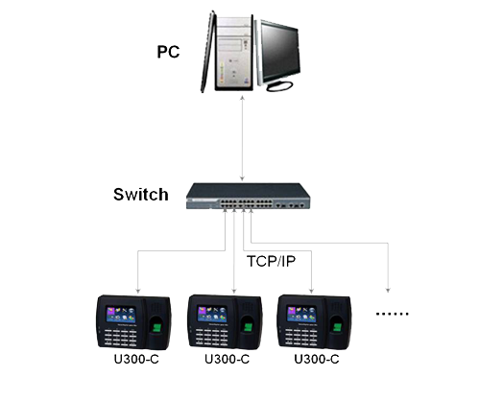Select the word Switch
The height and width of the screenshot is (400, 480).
140,194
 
